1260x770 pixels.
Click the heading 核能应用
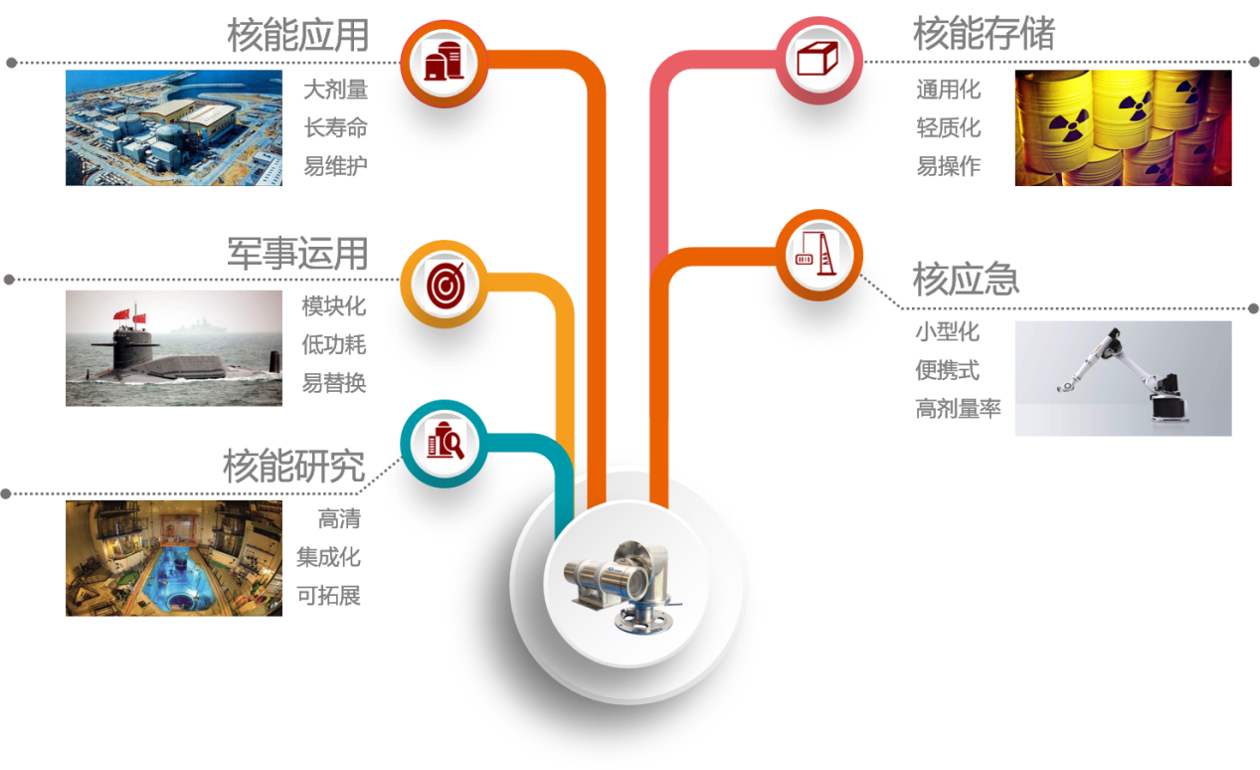coord(297,36)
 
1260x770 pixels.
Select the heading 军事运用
coord(297,254)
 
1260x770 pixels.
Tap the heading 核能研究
coord(293,466)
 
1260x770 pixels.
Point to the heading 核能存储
coord(983,35)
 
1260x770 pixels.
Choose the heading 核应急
coord(965,280)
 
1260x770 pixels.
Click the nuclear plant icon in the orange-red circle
coord(443,61)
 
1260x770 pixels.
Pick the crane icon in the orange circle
coord(817,254)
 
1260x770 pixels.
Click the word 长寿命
coord(335,128)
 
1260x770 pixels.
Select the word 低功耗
coord(334,345)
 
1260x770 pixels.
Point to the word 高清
coord(338,519)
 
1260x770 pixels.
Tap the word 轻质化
coord(948,128)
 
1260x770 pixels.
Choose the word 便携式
coord(947,370)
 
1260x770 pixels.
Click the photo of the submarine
coord(174,348)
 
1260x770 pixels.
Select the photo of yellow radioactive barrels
coord(1123,128)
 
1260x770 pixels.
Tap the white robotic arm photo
coord(1123,378)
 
